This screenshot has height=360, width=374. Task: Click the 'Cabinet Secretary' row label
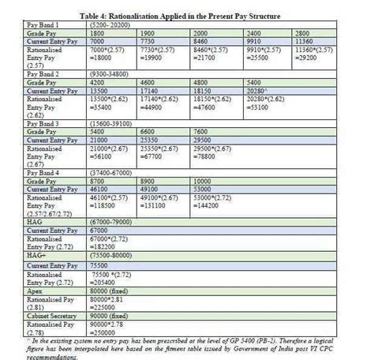coord(43,316)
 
